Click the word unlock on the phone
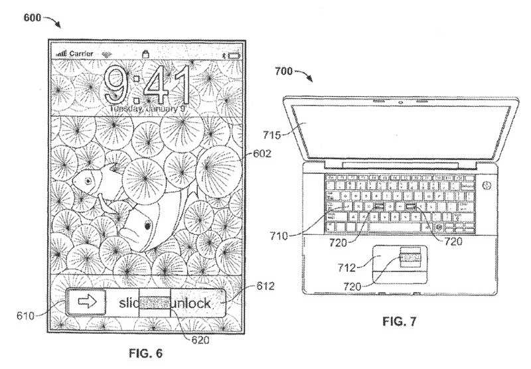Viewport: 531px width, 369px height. [192, 304]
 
